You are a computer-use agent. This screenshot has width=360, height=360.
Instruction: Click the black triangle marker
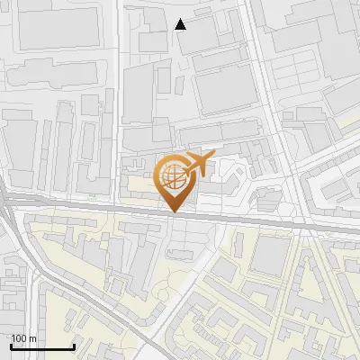(181, 24)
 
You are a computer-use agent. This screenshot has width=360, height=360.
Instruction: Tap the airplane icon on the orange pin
(198, 165)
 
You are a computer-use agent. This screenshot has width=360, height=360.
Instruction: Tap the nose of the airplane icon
(212, 159)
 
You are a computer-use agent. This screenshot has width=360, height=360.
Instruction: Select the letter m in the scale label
(32, 338)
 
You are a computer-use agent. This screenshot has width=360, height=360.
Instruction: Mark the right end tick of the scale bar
(74, 346)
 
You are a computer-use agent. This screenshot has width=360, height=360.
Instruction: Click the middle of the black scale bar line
(41, 346)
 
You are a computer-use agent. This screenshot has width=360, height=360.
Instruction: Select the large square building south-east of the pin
(268, 256)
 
